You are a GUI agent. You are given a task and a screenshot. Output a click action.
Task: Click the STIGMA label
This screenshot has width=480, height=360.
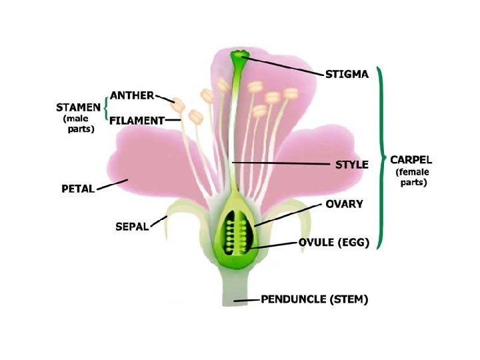click(346, 75)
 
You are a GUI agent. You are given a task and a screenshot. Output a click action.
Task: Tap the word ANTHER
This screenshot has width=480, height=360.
click(132, 95)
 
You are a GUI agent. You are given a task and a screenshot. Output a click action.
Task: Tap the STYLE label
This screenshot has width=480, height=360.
click(351, 165)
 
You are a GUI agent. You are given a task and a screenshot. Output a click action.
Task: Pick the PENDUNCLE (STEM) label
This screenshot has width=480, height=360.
click(313, 299)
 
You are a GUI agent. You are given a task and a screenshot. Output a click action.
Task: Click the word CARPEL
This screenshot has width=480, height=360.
click(411, 160)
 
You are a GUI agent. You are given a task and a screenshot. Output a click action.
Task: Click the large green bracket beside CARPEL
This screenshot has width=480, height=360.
click(382, 157)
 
